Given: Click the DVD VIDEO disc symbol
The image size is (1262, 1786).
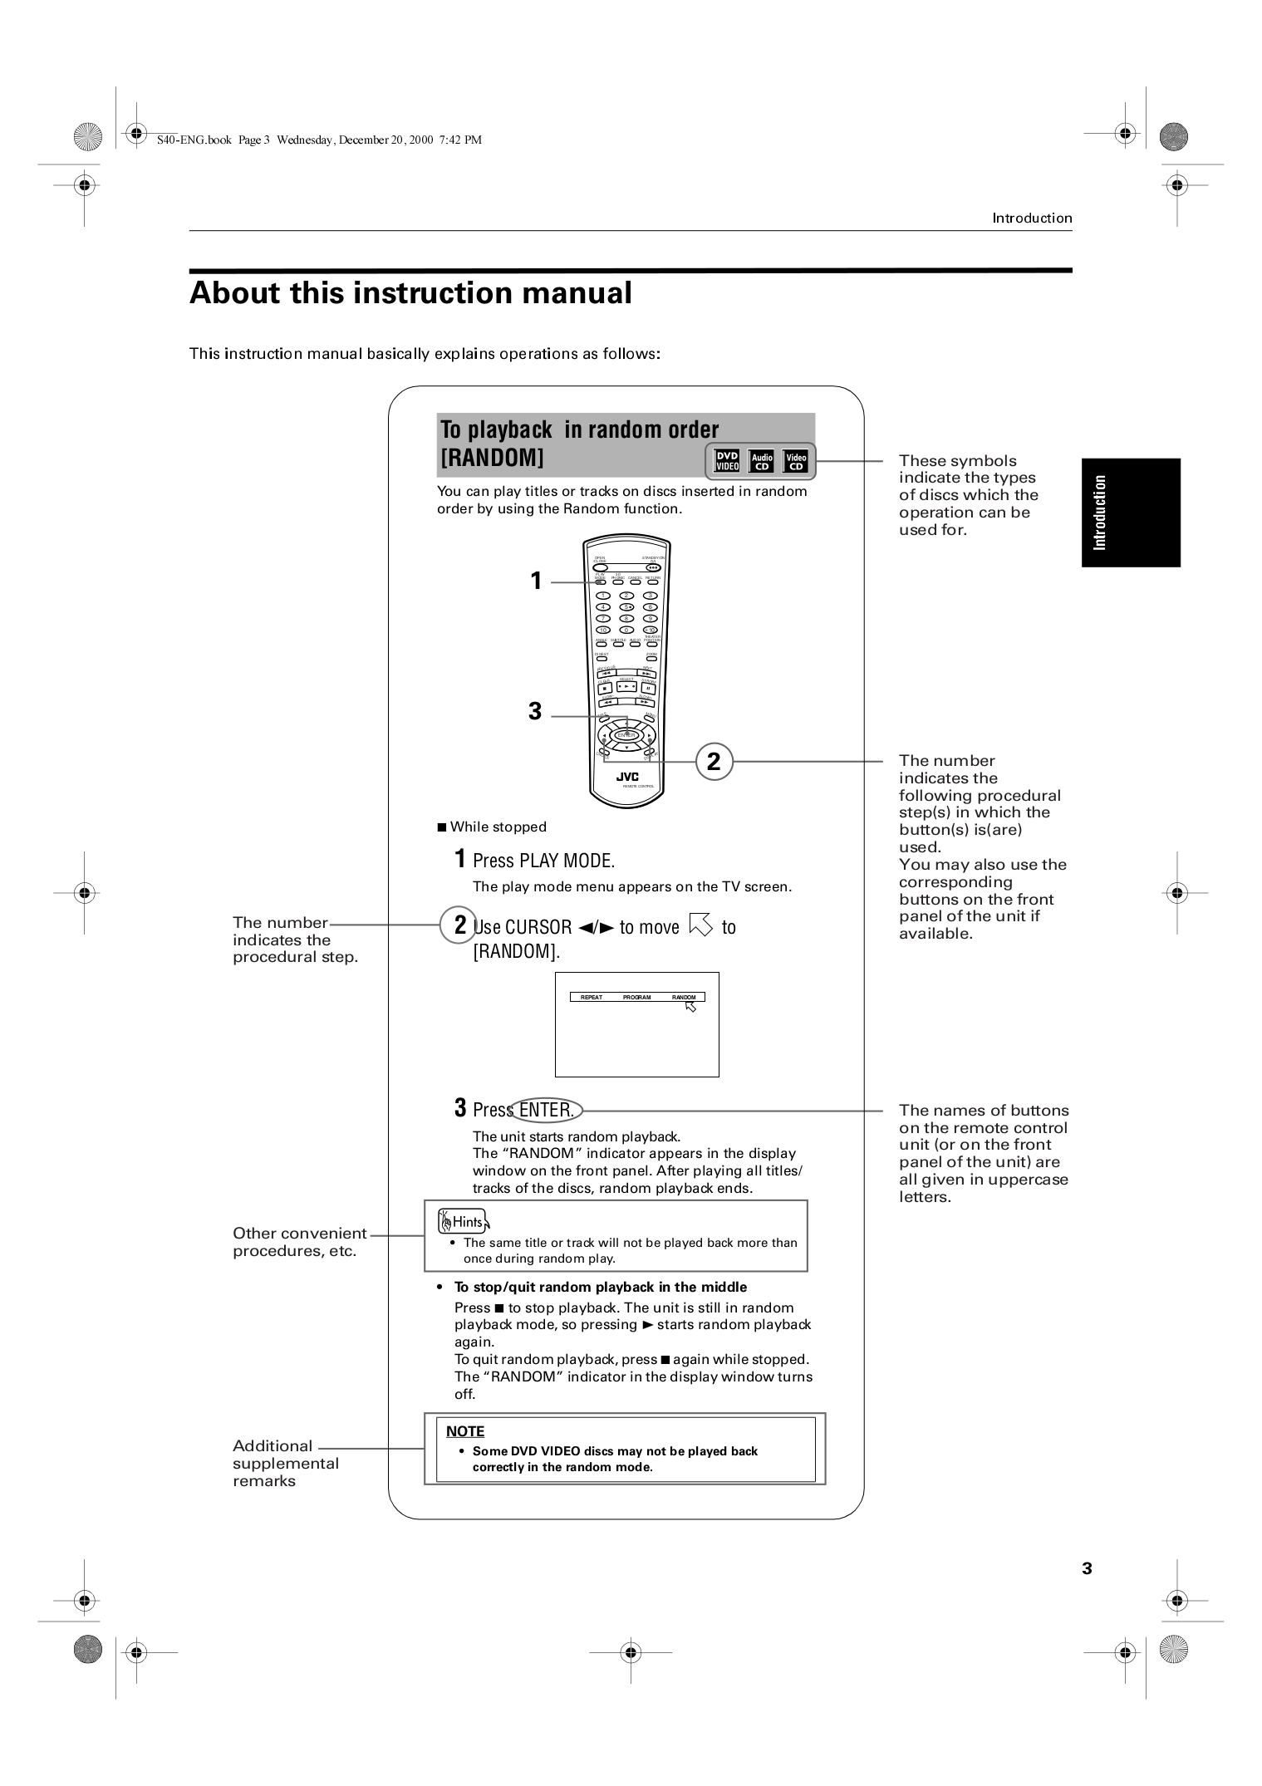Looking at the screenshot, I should tap(727, 461).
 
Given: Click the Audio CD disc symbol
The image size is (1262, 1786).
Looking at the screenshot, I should tap(761, 461).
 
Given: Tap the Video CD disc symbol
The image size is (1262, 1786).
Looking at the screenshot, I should tap(796, 461).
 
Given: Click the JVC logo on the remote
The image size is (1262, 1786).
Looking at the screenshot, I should tap(627, 777).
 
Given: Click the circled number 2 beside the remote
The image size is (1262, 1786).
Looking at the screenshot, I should tap(713, 762).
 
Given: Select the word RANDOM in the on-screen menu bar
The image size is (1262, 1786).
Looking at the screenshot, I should tap(684, 997).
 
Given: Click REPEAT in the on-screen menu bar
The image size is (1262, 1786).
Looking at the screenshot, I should tap(592, 997).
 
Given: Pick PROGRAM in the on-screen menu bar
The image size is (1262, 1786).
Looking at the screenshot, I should tap(636, 997).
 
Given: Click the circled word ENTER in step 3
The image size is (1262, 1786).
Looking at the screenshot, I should tap(547, 1110).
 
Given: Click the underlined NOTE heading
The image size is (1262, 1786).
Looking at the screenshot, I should tap(464, 1431).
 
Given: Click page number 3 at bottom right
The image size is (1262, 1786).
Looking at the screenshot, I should tap(1087, 1568).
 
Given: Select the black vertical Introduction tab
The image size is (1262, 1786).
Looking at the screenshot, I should tap(1130, 512).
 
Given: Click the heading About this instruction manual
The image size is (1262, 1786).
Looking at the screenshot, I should tap(410, 293).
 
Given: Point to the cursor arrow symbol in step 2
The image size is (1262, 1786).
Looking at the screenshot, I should tap(700, 925).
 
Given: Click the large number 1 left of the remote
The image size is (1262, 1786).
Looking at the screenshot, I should tap(536, 581).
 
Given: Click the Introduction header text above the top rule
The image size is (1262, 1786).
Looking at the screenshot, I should tap(1031, 218).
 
